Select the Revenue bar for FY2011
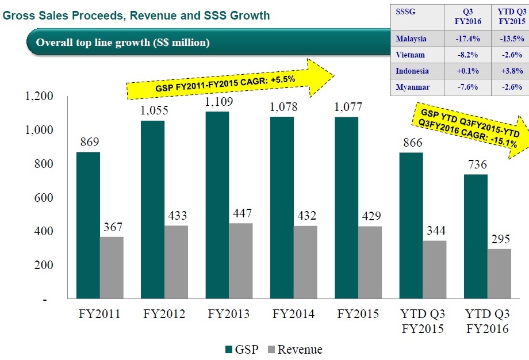coord(111,268)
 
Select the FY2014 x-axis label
coord(293,315)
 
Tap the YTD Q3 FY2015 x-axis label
coord(423,321)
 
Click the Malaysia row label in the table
coord(411,39)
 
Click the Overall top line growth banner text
coord(123,43)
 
